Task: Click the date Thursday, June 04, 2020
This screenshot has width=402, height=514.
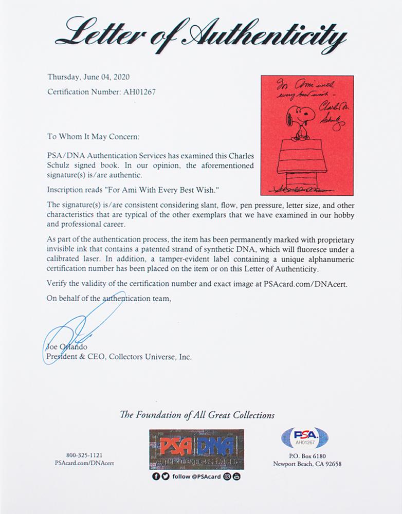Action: pyautogui.click(x=88, y=77)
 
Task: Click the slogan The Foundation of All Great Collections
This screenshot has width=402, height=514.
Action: pyautogui.click(x=197, y=415)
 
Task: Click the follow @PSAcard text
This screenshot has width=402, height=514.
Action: pyautogui.click(x=198, y=476)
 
